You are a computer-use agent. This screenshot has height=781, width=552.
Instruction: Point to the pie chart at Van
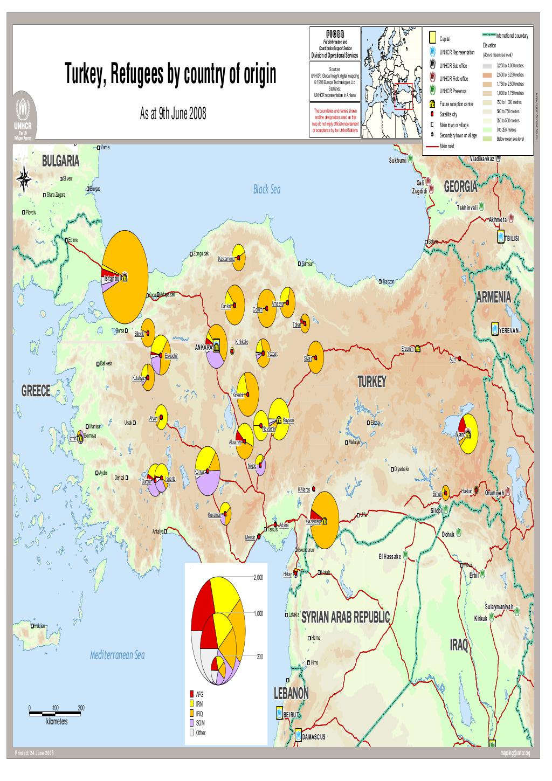point(466,434)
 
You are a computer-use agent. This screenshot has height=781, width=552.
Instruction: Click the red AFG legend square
point(191,694)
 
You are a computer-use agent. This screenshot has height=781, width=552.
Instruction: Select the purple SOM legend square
point(191,723)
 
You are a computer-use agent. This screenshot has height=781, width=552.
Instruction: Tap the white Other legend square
point(191,732)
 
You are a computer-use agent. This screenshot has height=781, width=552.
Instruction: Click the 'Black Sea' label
point(267,190)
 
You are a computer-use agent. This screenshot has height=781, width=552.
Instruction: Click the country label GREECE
point(36,391)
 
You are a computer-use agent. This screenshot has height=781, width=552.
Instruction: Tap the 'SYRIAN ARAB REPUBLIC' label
point(345,617)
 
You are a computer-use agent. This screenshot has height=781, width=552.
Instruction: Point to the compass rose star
point(24,178)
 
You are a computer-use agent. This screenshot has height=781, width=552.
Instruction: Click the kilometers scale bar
point(55,714)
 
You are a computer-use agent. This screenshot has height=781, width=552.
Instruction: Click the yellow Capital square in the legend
point(432,38)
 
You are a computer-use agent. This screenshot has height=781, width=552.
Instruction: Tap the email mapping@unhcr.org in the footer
point(515,753)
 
